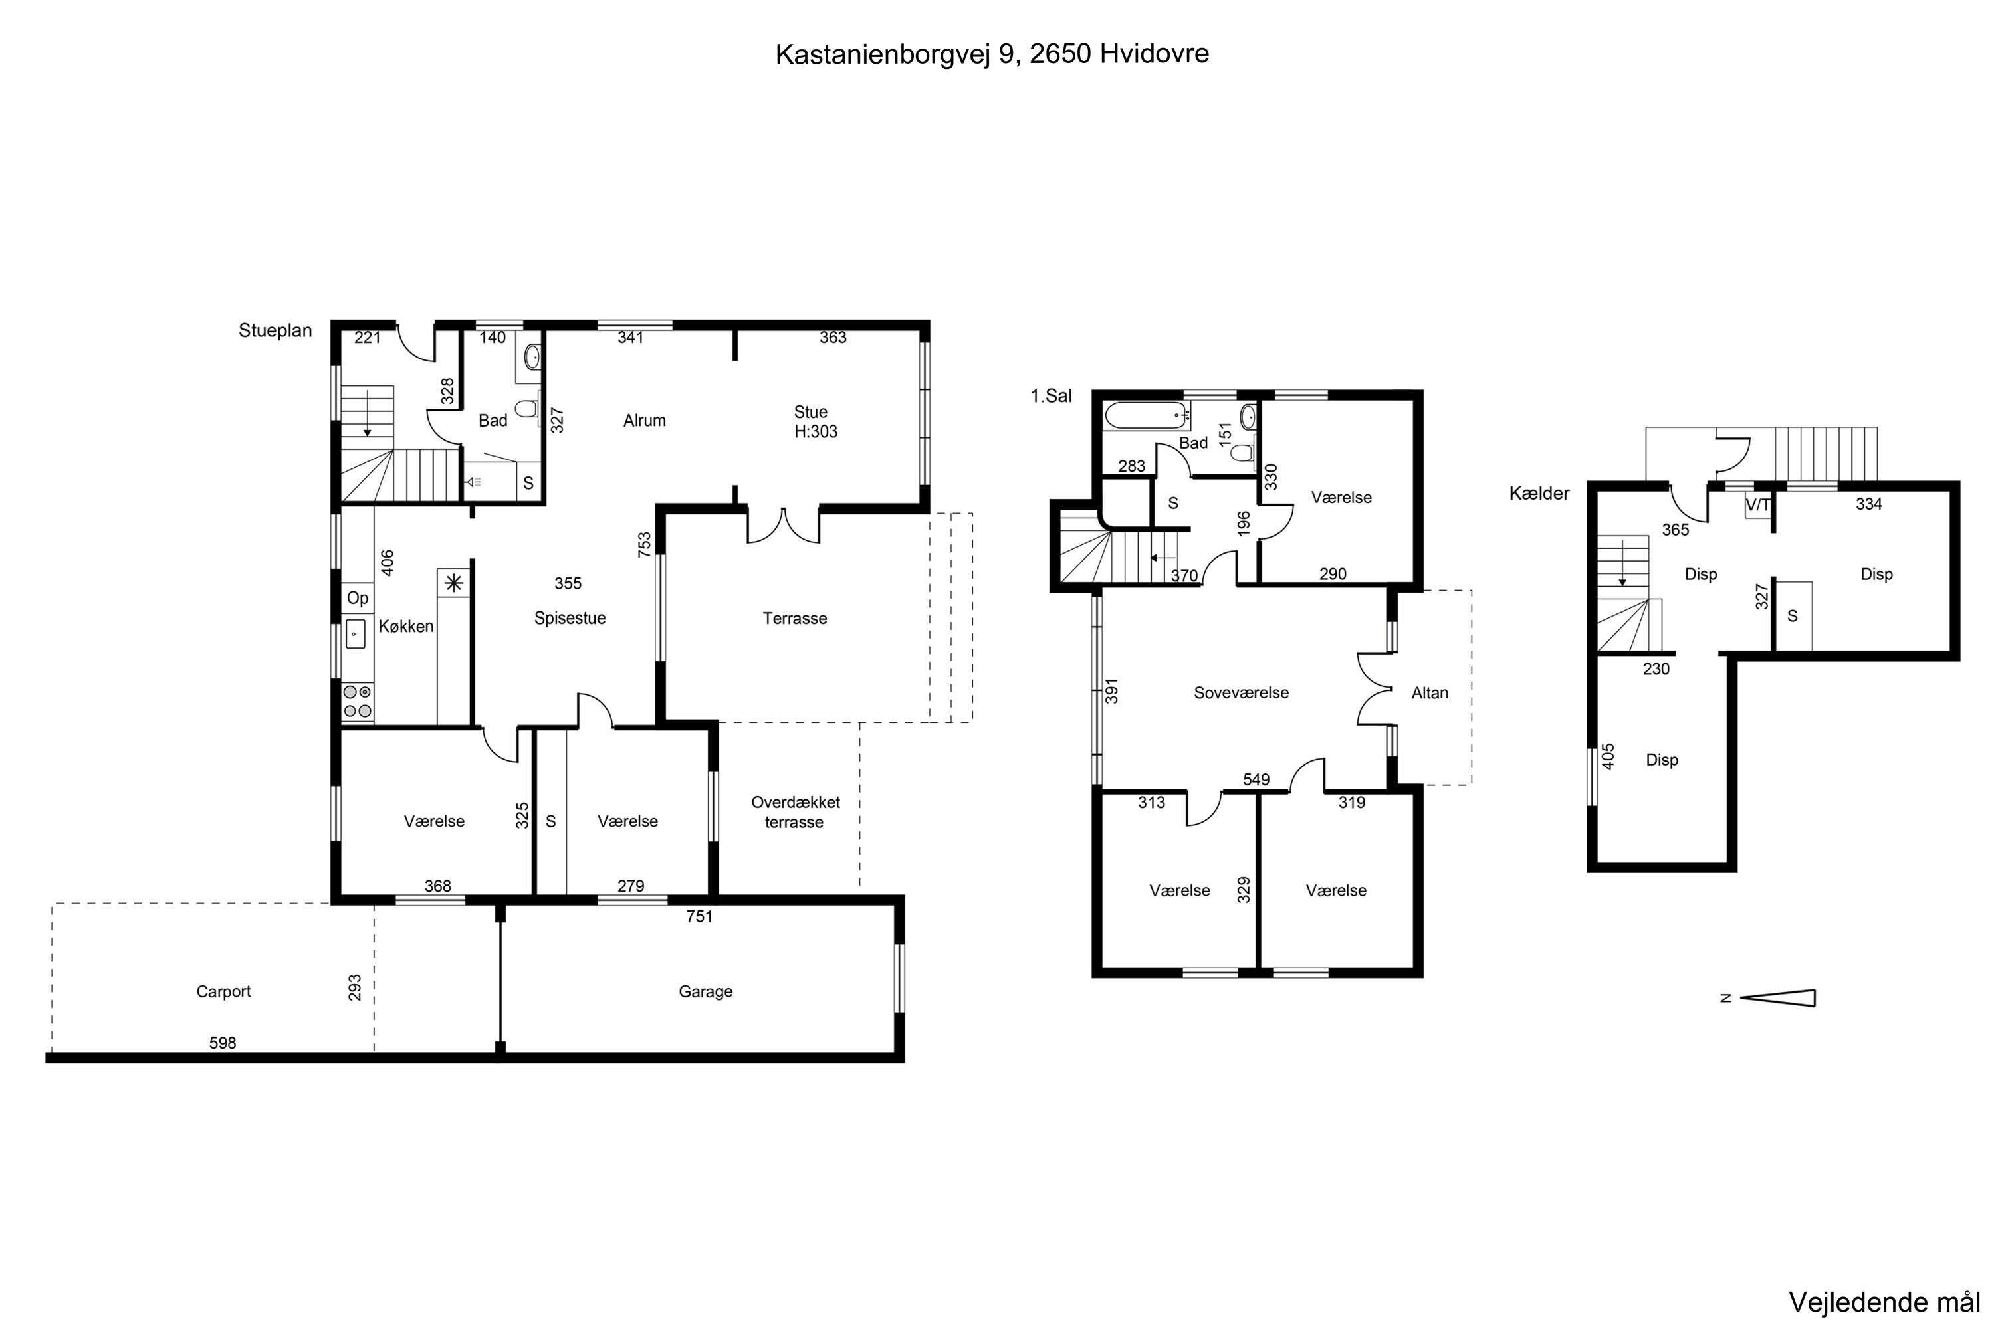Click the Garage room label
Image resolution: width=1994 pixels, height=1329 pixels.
(x=705, y=991)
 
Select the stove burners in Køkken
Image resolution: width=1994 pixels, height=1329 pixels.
(x=357, y=702)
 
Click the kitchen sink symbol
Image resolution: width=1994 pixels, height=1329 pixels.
(x=354, y=634)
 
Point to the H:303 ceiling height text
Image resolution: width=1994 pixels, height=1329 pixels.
(x=816, y=431)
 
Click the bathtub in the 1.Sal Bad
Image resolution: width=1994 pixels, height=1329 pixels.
(x=1145, y=415)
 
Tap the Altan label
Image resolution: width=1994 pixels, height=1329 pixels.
(x=1430, y=693)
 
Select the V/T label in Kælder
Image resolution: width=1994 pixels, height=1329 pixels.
(x=1757, y=505)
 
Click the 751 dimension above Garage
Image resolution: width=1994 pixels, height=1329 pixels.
(x=699, y=916)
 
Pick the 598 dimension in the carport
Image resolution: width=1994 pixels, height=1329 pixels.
(x=222, y=1043)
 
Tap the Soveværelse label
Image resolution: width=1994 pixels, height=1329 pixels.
(x=1240, y=693)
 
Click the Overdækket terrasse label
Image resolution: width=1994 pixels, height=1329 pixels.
(x=795, y=812)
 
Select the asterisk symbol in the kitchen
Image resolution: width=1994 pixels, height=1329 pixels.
(x=453, y=583)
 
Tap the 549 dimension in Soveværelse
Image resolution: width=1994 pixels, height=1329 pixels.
(x=1256, y=779)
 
